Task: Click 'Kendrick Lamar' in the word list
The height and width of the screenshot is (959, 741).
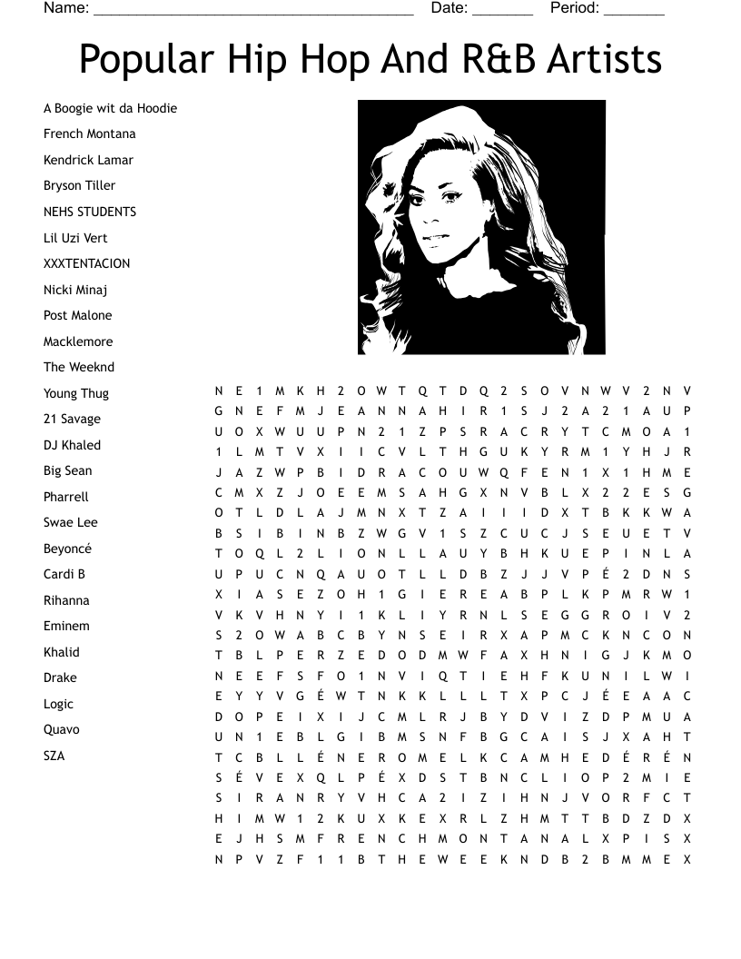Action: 88,160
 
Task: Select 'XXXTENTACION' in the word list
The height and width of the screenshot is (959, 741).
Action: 86,263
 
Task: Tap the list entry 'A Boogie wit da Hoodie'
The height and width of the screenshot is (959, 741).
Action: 110,108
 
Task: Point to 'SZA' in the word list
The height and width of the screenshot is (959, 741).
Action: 54,756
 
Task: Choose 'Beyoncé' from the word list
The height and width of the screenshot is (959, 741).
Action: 67,549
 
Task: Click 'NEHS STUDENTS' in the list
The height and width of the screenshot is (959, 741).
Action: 90,212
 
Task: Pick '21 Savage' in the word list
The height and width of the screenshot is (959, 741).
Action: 72,419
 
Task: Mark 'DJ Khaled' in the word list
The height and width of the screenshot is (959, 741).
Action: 72,445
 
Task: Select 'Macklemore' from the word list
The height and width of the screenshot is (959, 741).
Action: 78,341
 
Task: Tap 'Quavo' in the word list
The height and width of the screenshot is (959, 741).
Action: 61,729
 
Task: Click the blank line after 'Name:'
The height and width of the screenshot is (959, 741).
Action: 253,11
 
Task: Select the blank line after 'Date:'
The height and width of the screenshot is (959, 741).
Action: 502,11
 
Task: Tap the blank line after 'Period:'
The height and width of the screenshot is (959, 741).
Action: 634,11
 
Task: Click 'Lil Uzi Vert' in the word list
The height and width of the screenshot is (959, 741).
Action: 75,238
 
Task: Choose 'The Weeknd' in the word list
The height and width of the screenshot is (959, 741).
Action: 79,367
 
